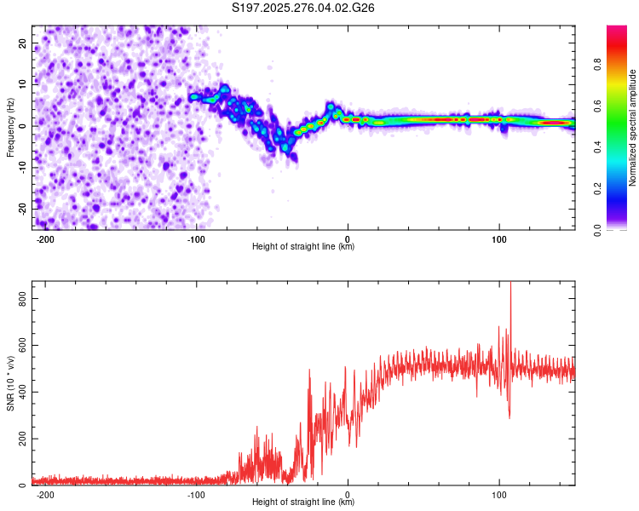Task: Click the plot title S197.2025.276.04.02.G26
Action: point(304,9)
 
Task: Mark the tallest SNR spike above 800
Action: point(510,285)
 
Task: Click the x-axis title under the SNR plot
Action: point(304,502)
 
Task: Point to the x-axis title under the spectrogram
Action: point(304,247)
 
